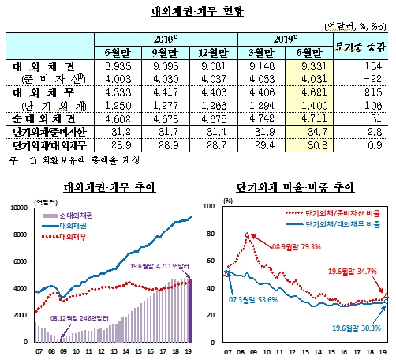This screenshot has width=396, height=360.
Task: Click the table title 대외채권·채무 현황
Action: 197,11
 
